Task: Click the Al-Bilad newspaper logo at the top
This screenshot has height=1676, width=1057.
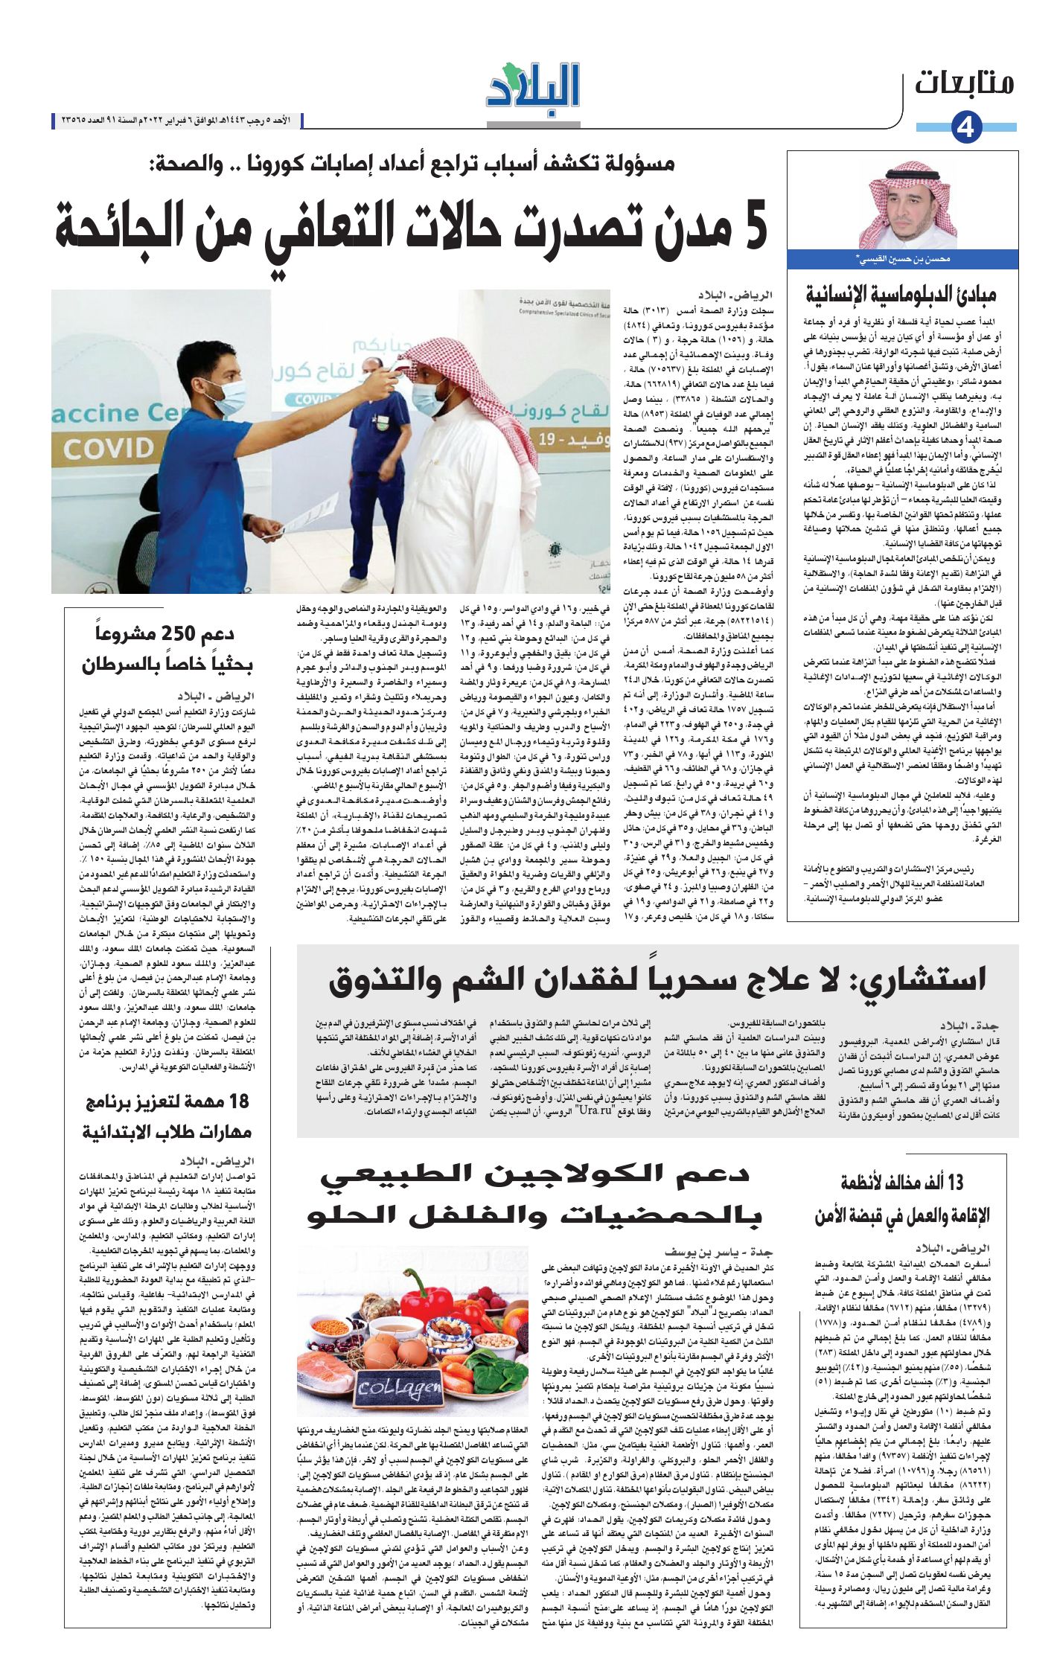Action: (533, 88)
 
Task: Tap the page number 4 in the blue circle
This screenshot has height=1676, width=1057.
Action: (966, 128)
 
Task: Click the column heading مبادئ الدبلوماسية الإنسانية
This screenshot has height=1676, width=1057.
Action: (901, 294)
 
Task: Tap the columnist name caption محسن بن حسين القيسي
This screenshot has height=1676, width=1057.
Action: (903, 260)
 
